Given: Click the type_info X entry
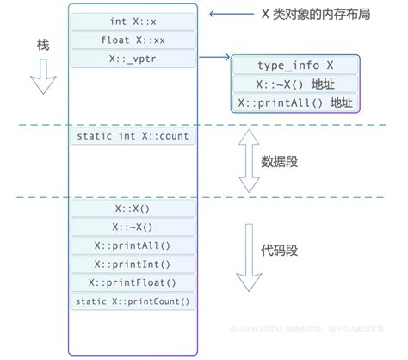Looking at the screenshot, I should pyautogui.click(x=295, y=66).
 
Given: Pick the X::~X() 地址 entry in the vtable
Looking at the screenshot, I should pyautogui.click(x=295, y=84).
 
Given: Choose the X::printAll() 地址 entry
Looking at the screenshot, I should pyautogui.click(x=295, y=103).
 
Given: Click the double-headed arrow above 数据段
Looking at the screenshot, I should pyautogui.click(x=248, y=160).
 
